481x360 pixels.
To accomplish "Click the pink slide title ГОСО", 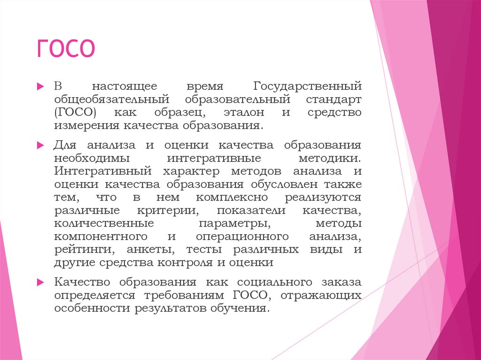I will (x=66, y=48).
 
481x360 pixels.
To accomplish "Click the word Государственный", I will (x=307, y=86).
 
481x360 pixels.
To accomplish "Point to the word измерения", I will (x=87, y=126).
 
